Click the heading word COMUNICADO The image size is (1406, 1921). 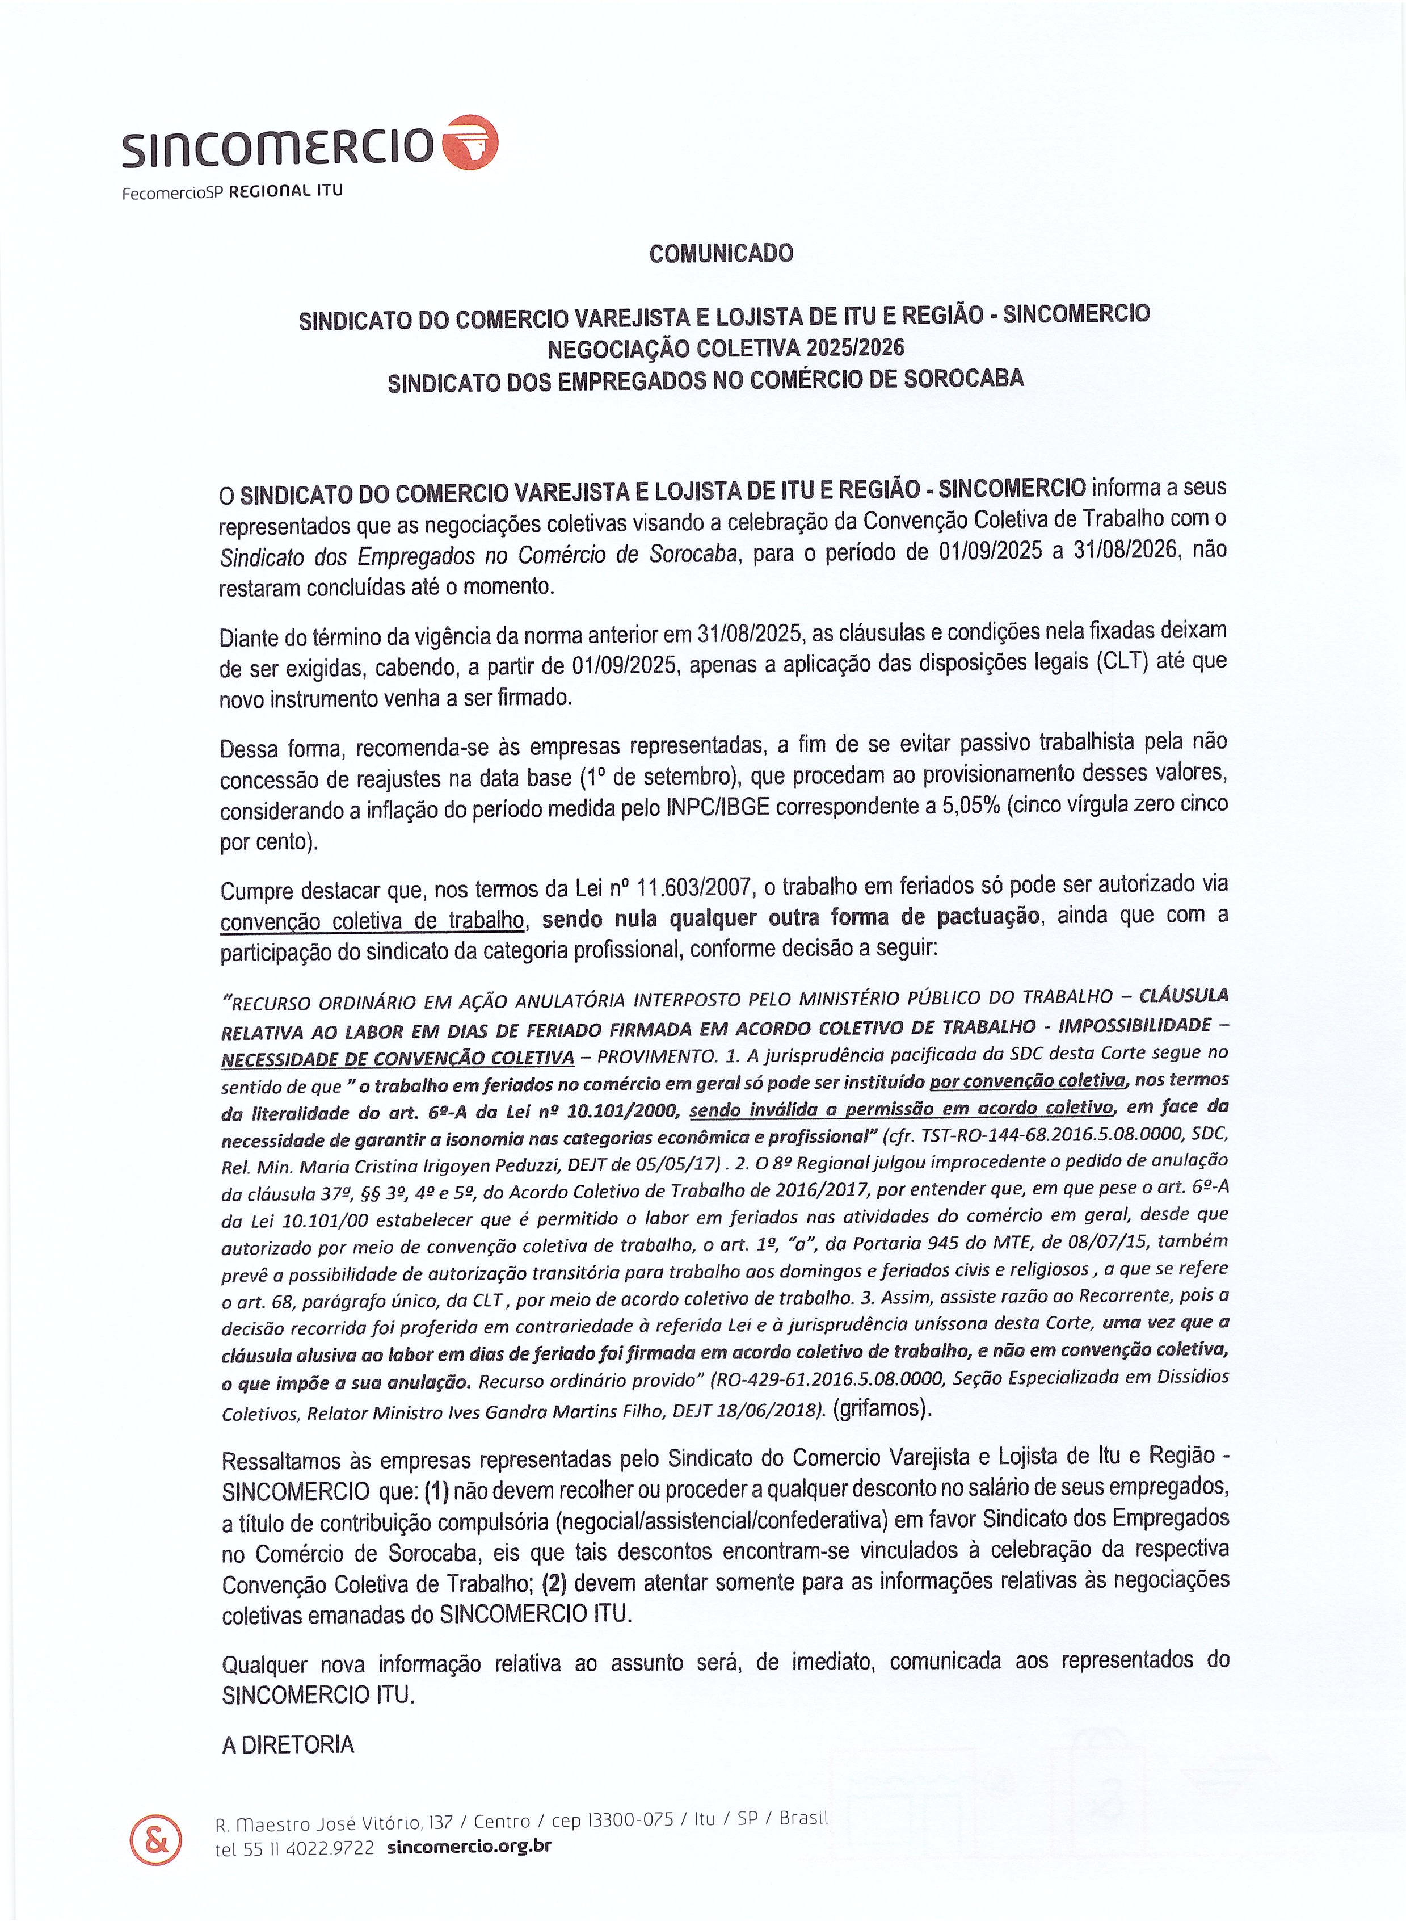[720, 253]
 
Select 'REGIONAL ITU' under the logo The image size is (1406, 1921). [286, 191]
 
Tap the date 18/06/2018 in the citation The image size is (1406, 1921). [771, 1410]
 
